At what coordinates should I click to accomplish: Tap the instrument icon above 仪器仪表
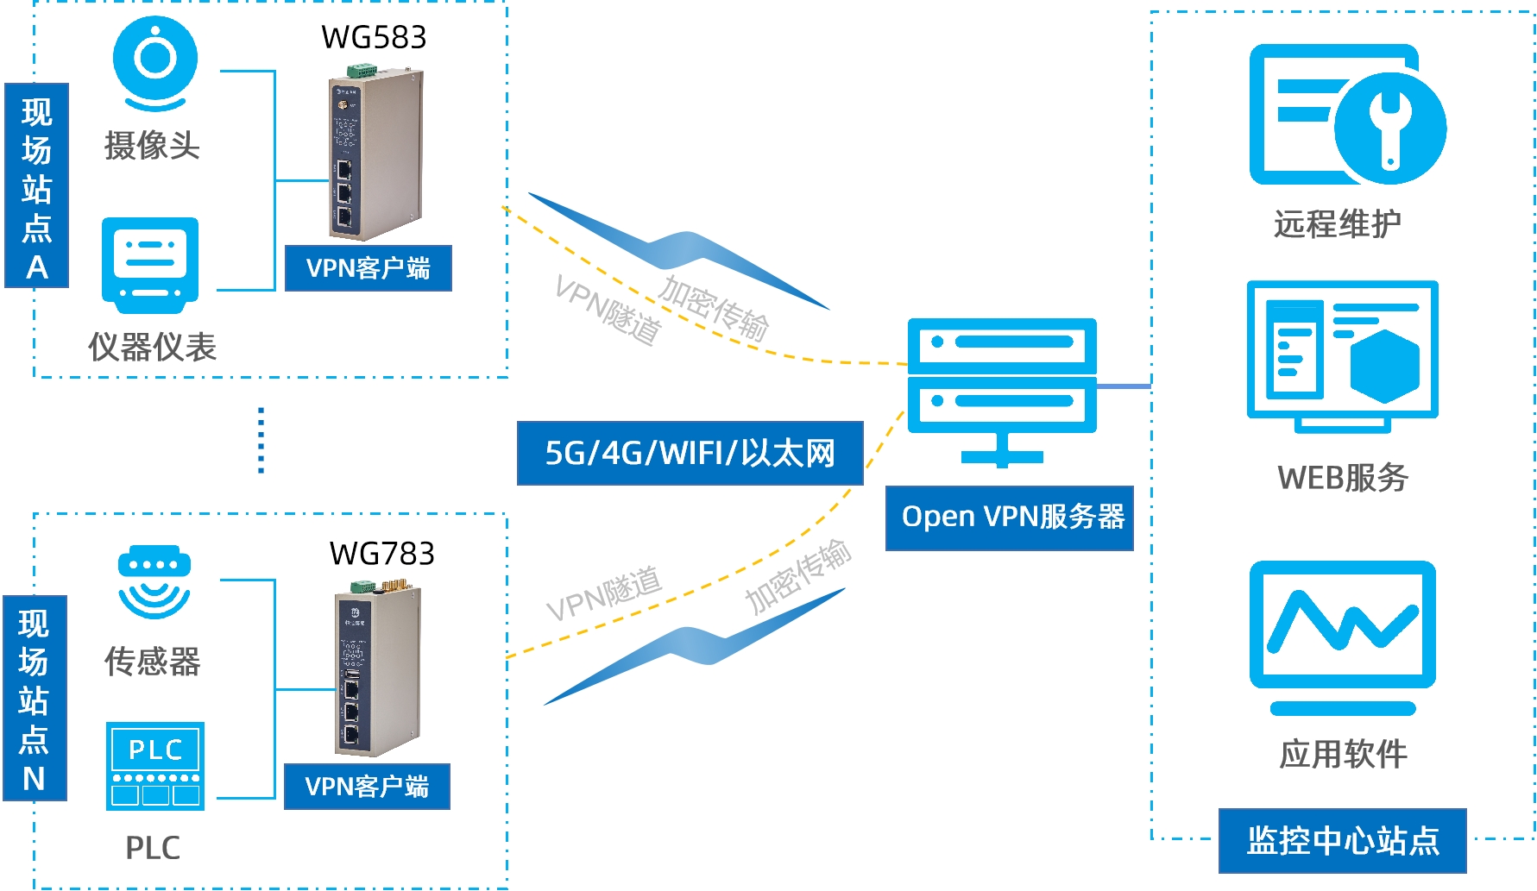150,263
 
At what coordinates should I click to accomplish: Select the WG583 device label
374,37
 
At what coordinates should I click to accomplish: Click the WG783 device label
381,554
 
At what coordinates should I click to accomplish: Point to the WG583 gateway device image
375,155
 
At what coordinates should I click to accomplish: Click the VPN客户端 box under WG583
369,268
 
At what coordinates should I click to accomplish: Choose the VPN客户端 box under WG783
367,787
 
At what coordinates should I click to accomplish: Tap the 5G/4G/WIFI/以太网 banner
690,453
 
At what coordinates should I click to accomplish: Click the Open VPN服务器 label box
1009,518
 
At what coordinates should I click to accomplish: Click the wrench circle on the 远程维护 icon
1389,128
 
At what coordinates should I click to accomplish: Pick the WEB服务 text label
1343,478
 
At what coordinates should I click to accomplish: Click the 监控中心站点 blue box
1342,840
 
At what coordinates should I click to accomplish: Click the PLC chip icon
155,766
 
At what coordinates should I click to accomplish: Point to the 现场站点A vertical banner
36,185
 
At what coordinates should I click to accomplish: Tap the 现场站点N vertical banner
35,698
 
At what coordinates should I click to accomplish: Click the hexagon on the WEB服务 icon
1384,366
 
